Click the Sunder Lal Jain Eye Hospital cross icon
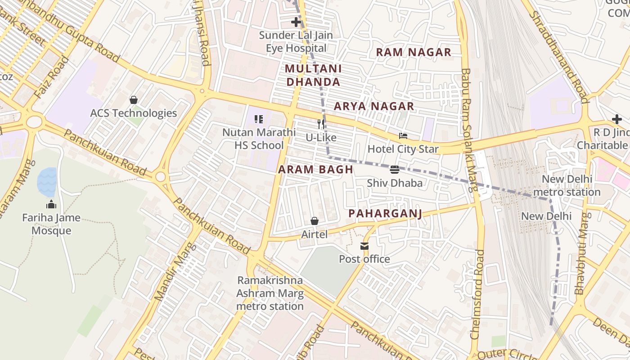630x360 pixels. pos(296,22)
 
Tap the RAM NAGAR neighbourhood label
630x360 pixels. pos(413,52)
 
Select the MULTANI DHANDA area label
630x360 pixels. pos(313,75)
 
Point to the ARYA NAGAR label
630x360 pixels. pos(373,106)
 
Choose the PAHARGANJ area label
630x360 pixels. pos(385,213)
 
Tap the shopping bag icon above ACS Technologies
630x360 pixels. pos(133,100)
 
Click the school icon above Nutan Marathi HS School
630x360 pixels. pos(259,119)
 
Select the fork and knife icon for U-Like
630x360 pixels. pos(321,124)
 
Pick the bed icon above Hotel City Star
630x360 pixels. pos(403,136)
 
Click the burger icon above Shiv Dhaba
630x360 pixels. pos(395,170)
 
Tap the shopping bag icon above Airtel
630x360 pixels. pos(314,221)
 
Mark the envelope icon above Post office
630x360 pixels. pos(364,246)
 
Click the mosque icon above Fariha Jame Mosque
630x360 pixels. pos(51,204)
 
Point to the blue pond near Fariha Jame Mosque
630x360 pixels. pos(47,181)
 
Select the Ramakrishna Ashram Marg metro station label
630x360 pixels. pos(270,293)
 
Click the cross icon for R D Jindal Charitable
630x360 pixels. pos(616,119)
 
